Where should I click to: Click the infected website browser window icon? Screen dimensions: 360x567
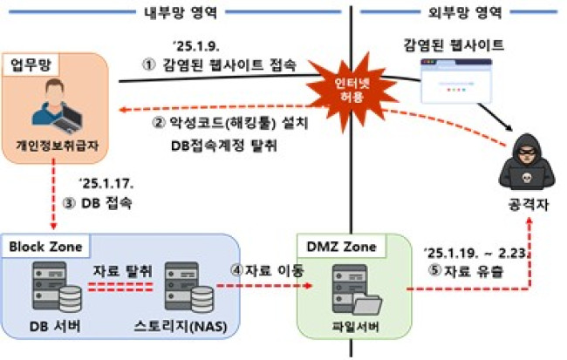point(454,83)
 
